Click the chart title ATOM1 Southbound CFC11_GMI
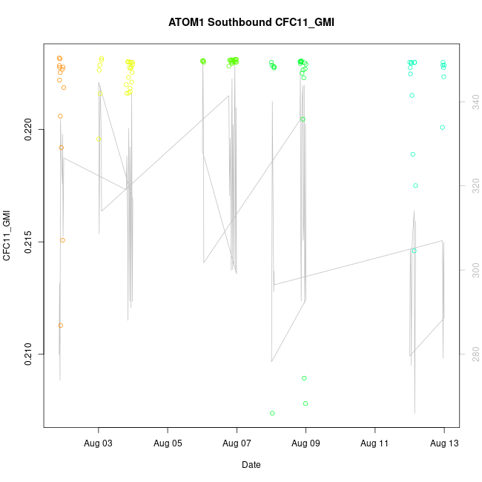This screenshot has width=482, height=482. click(x=251, y=22)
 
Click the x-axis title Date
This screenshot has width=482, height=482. click(x=251, y=465)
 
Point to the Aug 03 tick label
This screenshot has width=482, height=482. click(x=99, y=443)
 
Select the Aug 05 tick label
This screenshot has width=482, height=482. click(x=168, y=443)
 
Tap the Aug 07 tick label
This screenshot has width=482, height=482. click(x=237, y=443)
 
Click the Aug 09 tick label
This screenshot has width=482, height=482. click(x=306, y=443)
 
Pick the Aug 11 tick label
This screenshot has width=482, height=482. click(x=374, y=443)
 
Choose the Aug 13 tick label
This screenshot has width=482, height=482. click(x=443, y=443)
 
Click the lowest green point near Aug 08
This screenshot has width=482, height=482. click(x=272, y=413)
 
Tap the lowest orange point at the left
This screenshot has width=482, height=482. click(x=61, y=325)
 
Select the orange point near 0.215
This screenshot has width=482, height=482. click(x=62, y=240)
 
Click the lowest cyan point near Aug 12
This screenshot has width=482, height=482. click(x=414, y=251)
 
